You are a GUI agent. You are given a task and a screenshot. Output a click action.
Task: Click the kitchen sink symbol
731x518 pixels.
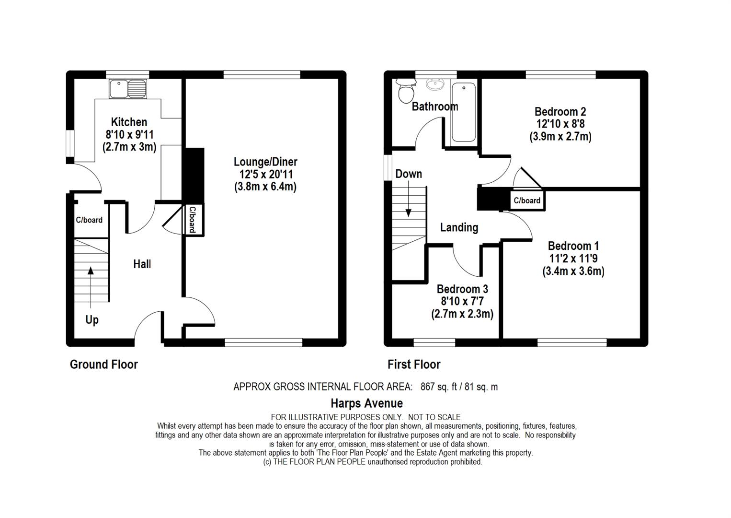(127, 89)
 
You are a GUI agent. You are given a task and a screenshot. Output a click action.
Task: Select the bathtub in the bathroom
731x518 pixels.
(463, 112)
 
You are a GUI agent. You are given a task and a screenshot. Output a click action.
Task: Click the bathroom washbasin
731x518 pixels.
(435, 85)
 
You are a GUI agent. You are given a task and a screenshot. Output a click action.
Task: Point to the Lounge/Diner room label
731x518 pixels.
(265, 162)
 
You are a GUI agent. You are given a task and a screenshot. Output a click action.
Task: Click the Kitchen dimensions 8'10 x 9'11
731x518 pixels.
(129, 135)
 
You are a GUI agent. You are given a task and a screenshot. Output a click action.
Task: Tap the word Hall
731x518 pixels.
(142, 264)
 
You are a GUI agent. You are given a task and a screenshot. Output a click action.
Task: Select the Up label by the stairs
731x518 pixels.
(92, 319)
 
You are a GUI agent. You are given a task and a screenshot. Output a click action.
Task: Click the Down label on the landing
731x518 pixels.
(408, 174)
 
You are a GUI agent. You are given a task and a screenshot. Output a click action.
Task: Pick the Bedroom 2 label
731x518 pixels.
(560, 112)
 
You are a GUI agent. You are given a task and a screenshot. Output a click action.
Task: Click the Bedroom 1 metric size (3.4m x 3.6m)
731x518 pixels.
(573, 271)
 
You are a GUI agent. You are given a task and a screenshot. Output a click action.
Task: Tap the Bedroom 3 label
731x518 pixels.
(462, 289)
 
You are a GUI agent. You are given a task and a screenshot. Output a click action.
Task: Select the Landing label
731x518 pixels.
(459, 227)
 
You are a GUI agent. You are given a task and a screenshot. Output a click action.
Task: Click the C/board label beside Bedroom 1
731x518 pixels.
(527, 200)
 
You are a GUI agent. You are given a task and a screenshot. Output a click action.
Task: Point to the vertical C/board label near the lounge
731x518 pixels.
(192, 220)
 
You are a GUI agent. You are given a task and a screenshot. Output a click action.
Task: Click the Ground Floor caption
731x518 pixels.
(104, 365)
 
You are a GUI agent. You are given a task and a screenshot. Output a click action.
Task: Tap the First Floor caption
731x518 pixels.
(414, 365)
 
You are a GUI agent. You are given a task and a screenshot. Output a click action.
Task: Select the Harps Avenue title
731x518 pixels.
(366, 403)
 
